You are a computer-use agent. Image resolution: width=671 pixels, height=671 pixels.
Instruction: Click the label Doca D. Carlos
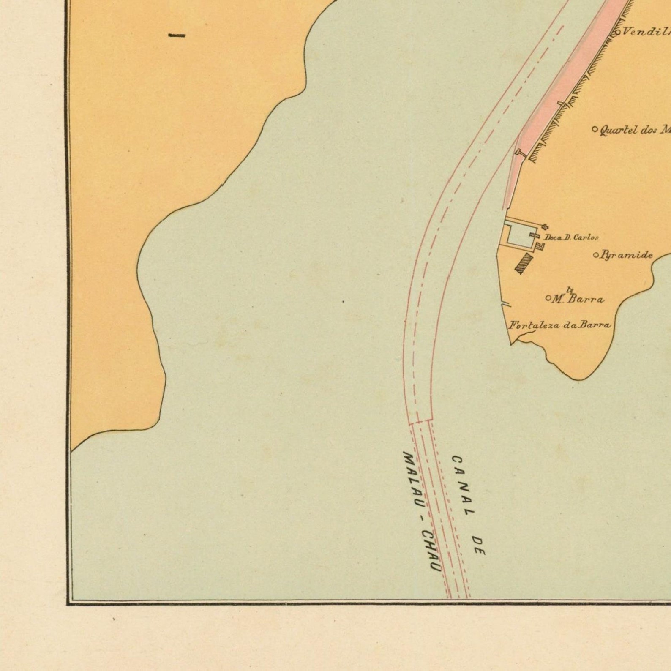pyautogui.click(x=571, y=237)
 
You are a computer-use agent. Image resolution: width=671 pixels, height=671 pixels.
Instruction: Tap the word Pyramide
pyautogui.click(x=627, y=255)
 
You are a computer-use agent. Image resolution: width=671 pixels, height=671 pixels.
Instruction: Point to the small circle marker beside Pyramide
pyautogui.click(x=596, y=255)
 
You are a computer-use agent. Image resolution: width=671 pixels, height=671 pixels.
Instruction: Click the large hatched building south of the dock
pyautogui.click(x=524, y=262)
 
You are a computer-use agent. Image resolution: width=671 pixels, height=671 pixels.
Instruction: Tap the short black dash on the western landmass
pyautogui.click(x=177, y=36)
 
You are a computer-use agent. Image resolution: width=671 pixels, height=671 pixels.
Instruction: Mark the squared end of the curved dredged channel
pyautogui.click(x=420, y=421)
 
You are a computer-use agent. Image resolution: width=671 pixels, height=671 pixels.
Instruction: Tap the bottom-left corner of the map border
pyautogui.click(x=68, y=603)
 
